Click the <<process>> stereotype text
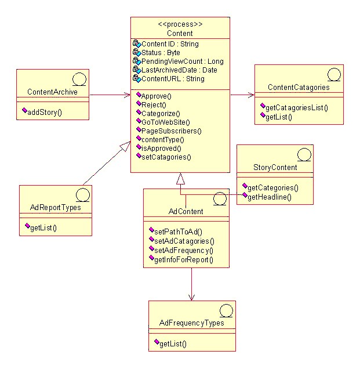click(x=180, y=25)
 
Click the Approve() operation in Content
click(x=154, y=96)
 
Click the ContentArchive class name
click(x=53, y=92)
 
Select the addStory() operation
click(x=45, y=111)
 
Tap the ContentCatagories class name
click(x=299, y=88)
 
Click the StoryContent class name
click(x=275, y=167)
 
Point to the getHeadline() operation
click(x=269, y=197)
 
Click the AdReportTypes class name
click(x=55, y=207)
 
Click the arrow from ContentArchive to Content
click(x=110, y=93)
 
